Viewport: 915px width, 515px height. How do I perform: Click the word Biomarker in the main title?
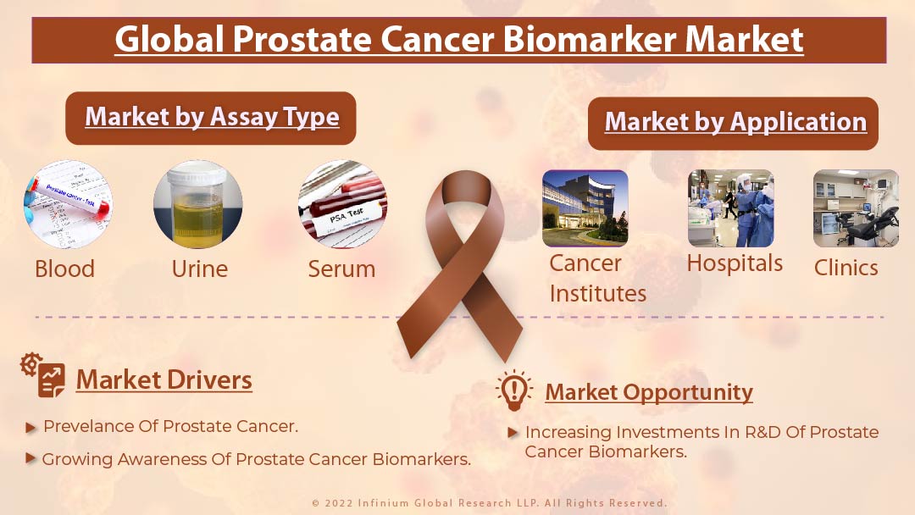[x=589, y=39]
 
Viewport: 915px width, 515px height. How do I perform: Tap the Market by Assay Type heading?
[x=212, y=117]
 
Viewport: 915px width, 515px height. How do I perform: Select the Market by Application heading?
[x=735, y=122]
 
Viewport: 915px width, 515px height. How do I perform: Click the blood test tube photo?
[x=69, y=204]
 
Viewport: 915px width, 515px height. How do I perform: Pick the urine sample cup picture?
[x=197, y=204]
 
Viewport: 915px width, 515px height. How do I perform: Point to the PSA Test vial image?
[x=342, y=204]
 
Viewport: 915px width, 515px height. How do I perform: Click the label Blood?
[x=64, y=269]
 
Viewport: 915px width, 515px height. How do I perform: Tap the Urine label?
[x=200, y=269]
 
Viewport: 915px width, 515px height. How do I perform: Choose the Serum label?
[x=341, y=269]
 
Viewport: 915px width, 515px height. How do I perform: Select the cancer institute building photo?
[x=585, y=208]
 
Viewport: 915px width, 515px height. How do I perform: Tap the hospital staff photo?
[x=731, y=208]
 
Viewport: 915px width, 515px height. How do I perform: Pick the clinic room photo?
[x=856, y=208]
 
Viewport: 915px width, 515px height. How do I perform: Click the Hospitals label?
[x=735, y=263]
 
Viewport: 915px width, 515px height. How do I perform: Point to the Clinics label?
[x=846, y=268]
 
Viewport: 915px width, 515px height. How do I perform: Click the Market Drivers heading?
[x=164, y=379]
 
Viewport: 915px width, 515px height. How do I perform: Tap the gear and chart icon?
[x=42, y=375]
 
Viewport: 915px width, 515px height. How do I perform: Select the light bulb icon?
[x=514, y=390]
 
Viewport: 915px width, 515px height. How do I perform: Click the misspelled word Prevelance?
[x=89, y=426]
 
